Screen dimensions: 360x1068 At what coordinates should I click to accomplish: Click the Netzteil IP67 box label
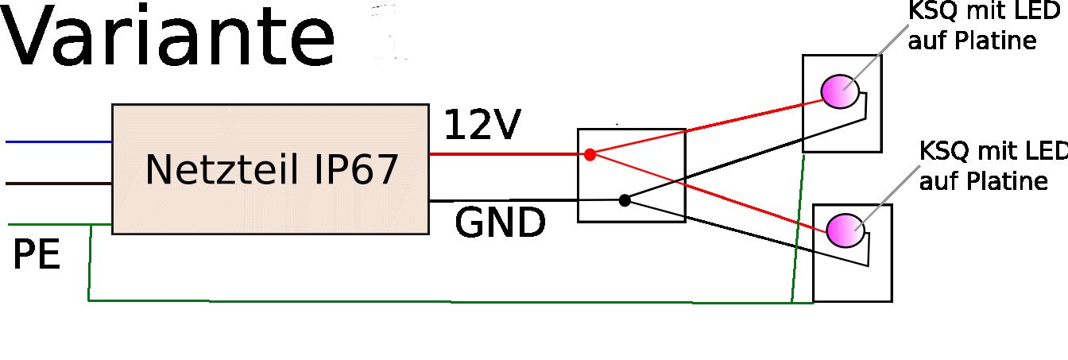point(271,170)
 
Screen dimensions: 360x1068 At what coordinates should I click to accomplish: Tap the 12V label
point(482,126)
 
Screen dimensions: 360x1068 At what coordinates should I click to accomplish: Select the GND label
point(500,224)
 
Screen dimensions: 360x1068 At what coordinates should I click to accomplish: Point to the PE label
point(37,256)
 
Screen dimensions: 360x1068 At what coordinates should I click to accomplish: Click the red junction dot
point(590,154)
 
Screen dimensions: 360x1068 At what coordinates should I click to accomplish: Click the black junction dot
point(625,200)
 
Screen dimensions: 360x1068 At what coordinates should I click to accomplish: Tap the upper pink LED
point(839,91)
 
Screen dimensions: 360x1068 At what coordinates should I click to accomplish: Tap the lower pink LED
point(843,230)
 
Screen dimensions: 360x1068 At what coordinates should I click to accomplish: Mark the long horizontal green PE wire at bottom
point(437,302)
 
